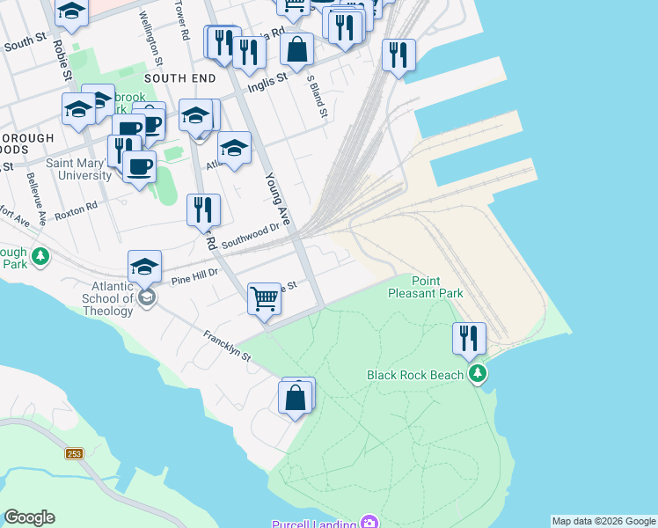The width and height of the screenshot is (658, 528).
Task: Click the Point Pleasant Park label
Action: coord(425,286)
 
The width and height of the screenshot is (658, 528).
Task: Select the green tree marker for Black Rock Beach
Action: coord(478,375)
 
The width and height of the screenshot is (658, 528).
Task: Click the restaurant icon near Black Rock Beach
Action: coord(470,338)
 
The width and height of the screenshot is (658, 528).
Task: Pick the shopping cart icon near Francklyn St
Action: coord(264,299)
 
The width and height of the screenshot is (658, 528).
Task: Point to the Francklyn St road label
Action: coord(228,346)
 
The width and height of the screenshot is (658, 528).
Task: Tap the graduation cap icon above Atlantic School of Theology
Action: coord(145,266)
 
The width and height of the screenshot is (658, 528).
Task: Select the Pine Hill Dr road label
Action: coord(194,275)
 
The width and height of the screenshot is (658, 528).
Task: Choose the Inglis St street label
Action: coord(270,77)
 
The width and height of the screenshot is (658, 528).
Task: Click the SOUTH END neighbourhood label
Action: coord(179,78)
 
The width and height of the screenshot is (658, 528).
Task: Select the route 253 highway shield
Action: coord(73,453)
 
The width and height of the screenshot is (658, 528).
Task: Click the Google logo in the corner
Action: coord(29,517)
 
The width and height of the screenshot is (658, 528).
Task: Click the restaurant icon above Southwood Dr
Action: coord(203,209)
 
